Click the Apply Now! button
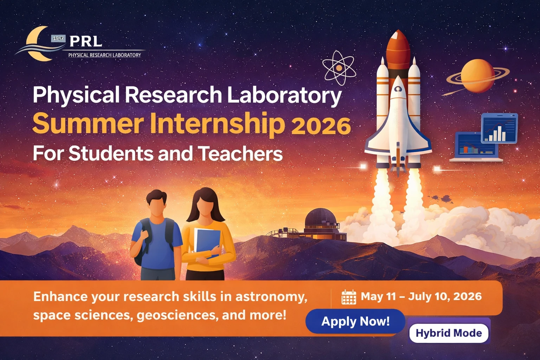coord(355,321)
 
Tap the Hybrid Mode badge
coord(449,333)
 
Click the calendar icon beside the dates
coord(349,297)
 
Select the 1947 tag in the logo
coord(58,38)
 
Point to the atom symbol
coord(339,68)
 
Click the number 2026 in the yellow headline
coord(321,126)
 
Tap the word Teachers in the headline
coord(240,154)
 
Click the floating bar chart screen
coord(499,128)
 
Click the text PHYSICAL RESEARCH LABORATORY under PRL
coord(104,55)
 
